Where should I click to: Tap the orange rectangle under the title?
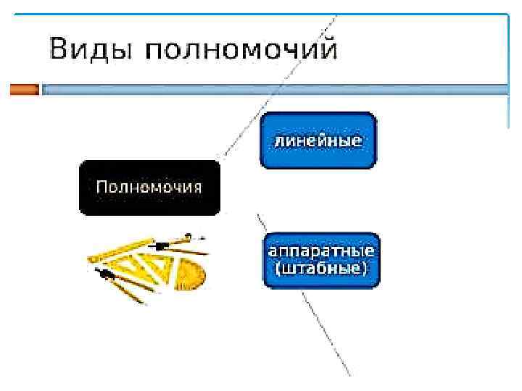(x=24, y=90)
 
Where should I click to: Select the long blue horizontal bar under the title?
(x=275, y=90)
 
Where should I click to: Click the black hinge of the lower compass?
(x=107, y=274)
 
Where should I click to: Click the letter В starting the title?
(x=59, y=50)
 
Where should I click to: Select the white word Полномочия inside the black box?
(x=149, y=187)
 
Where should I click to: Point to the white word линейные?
(x=318, y=140)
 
